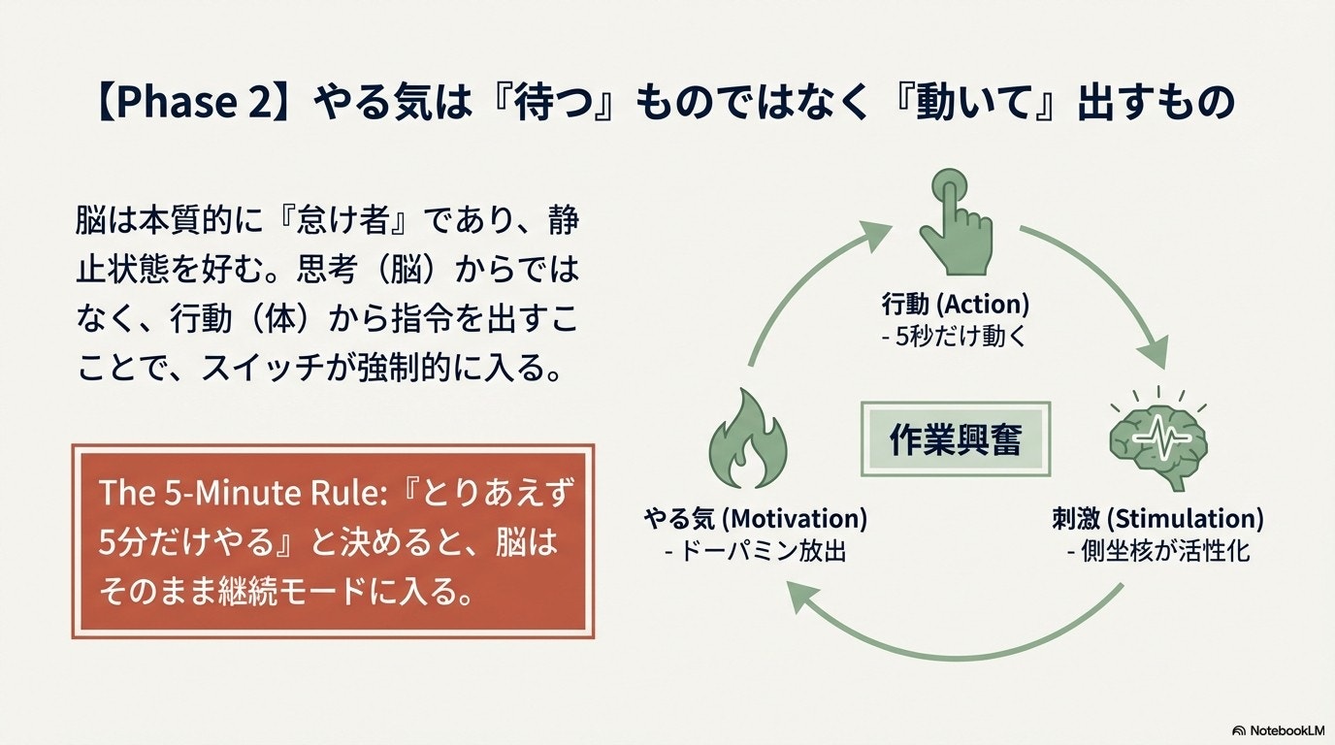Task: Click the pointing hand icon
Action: pyautogui.click(x=956, y=222)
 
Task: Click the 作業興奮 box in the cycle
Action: pyautogui.click(x=956, y=438)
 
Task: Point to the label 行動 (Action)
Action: pyautogui.click(x=956, y=304)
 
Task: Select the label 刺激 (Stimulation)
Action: pyautogui.click(x=1157, y=519)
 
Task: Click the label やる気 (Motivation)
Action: pyautogui.click(x=755, y=519)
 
